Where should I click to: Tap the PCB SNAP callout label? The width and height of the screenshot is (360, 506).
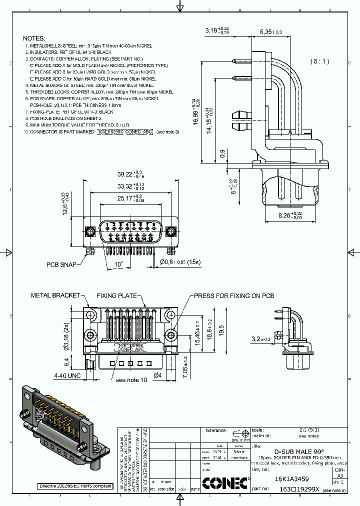pyautogui.click(x=61, y=264)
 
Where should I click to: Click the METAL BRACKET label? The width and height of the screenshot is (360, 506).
pyautogui.click(x=55, y=295)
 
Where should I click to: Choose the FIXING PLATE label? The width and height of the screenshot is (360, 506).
pyautogui.click(x=116, y=295)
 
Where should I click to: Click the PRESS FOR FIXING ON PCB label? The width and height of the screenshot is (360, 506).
pyautogui.click(x=234, y=295)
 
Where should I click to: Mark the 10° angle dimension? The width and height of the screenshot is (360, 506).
pyautogui.click(x=119, y=263)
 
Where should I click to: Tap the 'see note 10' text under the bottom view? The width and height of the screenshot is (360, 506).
pyautogui.click(x=131, y=380)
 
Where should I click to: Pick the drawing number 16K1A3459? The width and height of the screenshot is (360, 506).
pyautogui.click(x=291, y=478)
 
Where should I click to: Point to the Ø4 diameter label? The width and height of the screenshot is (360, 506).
pyautogui.click(x=156, y=375)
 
